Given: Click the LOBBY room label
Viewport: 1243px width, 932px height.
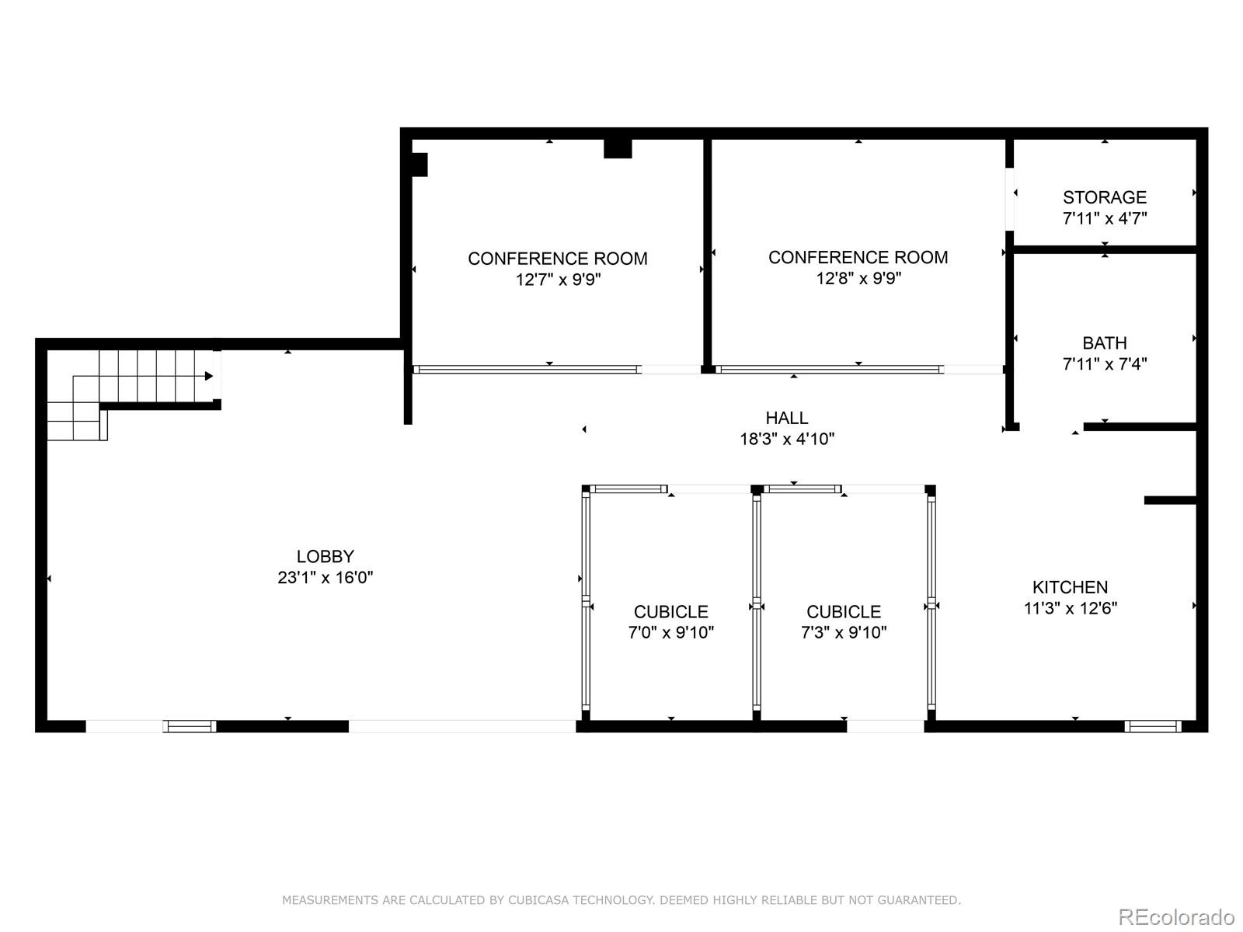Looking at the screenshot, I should [x=325, y=556].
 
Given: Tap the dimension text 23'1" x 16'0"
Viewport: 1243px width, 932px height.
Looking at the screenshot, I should [x=325, y=577].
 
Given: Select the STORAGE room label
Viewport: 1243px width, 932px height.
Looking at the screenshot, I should [x=1104, y=197].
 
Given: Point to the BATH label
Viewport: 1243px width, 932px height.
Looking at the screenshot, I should [x=1104, y=343].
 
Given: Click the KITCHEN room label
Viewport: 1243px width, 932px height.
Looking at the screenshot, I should [x=1070, y=587].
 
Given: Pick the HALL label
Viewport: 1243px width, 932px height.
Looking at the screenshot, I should [x=786, y=418].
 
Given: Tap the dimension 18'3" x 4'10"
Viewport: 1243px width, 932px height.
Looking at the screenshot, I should [x=786, y=439].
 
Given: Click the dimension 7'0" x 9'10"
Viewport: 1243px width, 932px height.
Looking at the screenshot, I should [x=670, y=632].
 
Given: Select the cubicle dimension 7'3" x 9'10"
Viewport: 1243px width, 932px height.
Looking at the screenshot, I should [x=843, y=632].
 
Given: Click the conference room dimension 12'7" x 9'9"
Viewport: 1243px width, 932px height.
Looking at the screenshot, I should [x=558, y=279].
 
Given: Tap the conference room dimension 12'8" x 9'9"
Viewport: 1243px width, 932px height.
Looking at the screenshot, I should [x=858, y=277].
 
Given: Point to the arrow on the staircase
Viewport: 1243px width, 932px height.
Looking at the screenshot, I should [x=208, y=376].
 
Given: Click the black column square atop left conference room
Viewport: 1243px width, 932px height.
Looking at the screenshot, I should [x=618, y=148].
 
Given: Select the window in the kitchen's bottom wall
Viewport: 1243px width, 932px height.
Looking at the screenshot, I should [x=1153, y=726].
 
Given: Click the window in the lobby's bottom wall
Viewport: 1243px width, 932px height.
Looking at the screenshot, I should [x=190, y=726].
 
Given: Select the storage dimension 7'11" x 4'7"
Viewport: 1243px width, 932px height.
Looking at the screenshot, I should [x=1104, y=218].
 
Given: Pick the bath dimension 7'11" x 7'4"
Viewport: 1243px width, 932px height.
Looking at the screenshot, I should [x=1104, y=363].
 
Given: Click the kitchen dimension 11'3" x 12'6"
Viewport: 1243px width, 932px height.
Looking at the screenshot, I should [x=1070, y=608].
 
